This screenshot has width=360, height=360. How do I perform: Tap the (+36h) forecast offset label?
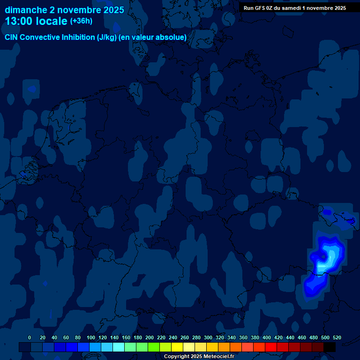(81, 21)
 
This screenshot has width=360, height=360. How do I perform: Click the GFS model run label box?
(294, 7)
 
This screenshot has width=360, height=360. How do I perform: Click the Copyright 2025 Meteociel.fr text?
(199, 356)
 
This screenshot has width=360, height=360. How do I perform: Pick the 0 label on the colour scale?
(30, 338)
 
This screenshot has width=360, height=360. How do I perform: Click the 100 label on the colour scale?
(91, 338)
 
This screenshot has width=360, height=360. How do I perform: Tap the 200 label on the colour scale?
(150, 338)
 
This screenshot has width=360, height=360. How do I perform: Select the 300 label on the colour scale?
(208, 338)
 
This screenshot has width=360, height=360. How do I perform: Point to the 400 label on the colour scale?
(267, 338)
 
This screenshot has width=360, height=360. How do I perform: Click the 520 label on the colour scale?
(337, 338)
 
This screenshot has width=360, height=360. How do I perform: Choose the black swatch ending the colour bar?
(330, 347)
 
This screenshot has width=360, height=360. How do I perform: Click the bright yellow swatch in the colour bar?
(177, 347)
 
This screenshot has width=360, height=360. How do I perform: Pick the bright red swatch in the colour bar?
(271, 347)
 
